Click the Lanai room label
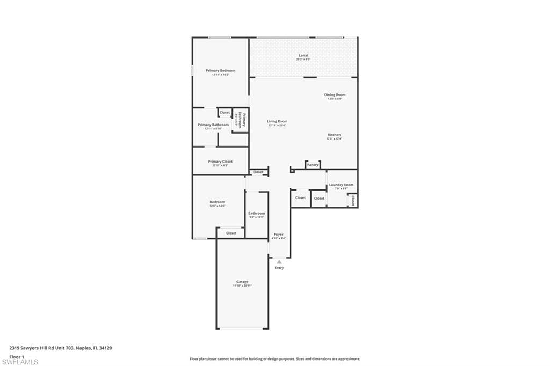(x=303, y=55)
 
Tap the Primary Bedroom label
(x=220, y=70)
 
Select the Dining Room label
(x=335, y=95)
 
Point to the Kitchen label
(x=334, y=135)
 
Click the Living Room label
(x=277, y=121)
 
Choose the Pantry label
(x=313, y=165)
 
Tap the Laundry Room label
(x=341, y=185)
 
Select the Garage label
(x=242, y=282)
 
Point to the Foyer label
(x=278, y=235)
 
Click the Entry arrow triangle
(x=279, y=262)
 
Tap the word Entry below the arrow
(x=279, y=268)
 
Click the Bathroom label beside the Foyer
(x=256, y=213)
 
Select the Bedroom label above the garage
(x=217, y=202)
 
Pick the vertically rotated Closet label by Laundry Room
(x=353, y=200)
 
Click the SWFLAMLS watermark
(x=20, y=362)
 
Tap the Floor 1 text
(x=17, y=356)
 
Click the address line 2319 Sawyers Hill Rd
(x=60, y=348)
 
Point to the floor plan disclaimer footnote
(x=274, y=359)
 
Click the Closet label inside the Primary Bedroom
(x=225, y=112)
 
